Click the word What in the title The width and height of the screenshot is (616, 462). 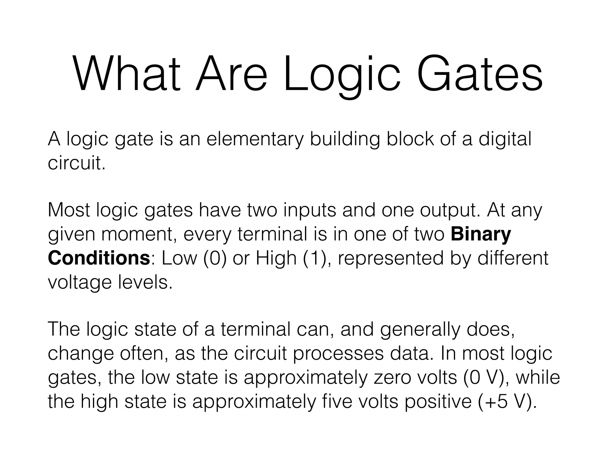tap(126, 74)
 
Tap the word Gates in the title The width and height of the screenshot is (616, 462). tap(480, 74)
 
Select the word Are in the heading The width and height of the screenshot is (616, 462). tap(231, 74)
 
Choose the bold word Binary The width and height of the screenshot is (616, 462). tap(481, 235)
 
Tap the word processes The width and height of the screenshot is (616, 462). tap(338, 354)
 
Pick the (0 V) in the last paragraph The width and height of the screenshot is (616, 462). tap(486, 377)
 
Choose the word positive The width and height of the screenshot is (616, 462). tap(438, 401)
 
